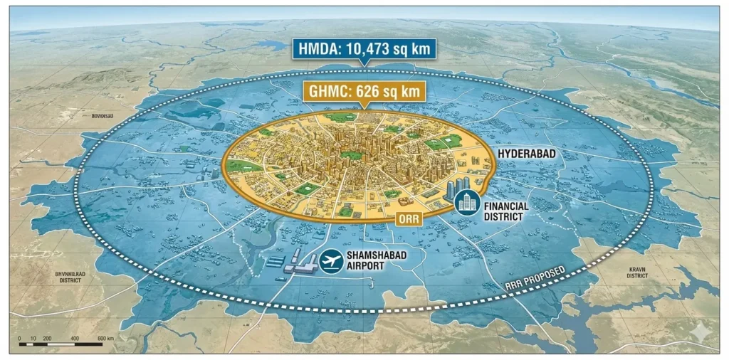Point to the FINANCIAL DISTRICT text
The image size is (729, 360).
point(506,211)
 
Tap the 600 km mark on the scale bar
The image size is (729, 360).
point(105,338)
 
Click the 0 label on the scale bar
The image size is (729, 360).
point(20,338)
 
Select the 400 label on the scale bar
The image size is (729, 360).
point(75,338)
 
